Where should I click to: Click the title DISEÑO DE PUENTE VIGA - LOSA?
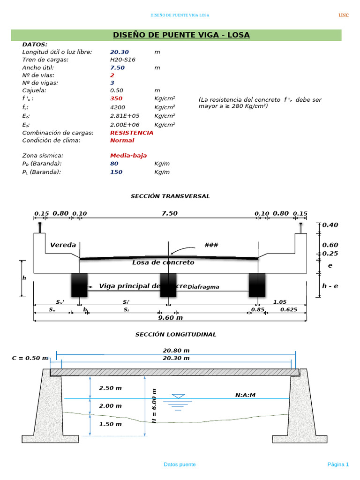(181, 35)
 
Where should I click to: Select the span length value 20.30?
(119, 52)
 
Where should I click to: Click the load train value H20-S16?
(123, 60)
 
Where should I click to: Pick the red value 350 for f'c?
(116, 98)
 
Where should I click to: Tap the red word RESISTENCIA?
(131, 133)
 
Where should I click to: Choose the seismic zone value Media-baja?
(128, 156)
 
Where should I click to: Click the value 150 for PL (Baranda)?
(116, 172)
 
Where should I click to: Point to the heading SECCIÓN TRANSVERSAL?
(170, 196)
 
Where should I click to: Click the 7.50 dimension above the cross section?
(169, 213)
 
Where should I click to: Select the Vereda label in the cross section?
(63, 245)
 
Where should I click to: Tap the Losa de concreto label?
(163, 262)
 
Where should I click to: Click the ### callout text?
(211, 245)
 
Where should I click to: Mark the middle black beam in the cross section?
(168, 285)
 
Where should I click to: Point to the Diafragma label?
(203, 287)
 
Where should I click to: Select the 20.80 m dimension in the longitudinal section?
(176, 350)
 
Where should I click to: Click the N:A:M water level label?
(245, 395)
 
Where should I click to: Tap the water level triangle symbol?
(178, 397)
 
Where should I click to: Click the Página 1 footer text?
(337, 465)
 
